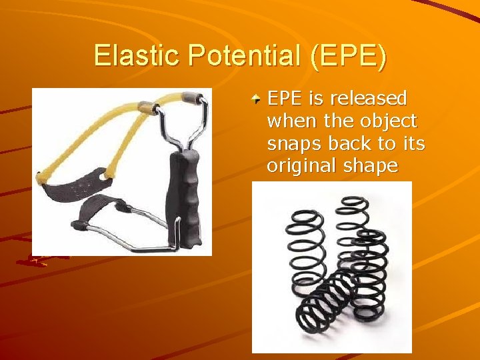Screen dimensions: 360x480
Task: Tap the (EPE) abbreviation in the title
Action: [347, 55]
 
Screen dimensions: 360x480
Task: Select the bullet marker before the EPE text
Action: [256, 100]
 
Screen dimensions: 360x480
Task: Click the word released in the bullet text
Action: [369, 99]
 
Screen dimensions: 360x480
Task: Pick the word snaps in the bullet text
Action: [291, 143]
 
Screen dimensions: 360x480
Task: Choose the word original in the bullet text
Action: [298, 166]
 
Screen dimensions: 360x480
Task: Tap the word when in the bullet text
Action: [291, 121]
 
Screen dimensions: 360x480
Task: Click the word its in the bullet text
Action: [414, 143]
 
